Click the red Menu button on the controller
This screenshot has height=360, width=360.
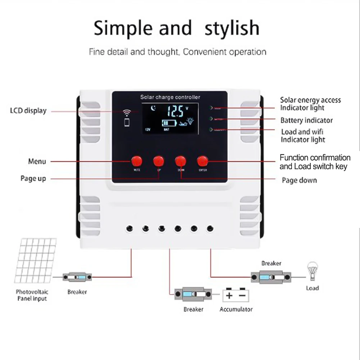point(137,160)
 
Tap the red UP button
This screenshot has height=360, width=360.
point(158,160)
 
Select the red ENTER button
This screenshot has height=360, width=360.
point(202,160)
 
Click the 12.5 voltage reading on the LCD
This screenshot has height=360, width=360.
point(175,111)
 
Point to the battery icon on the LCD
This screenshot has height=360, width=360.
point(169,123)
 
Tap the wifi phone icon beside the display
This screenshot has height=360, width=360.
point(126,118)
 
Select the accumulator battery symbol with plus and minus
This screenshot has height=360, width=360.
point(236,295)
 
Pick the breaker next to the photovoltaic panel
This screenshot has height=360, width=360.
point(77,277)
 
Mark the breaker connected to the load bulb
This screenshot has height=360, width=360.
point(271,278)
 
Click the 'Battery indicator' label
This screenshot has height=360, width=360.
point(306,120)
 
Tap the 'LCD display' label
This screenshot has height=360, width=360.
point(28,111)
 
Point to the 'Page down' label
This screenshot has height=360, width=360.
point(299,180)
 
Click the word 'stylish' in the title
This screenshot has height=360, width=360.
point(232,28)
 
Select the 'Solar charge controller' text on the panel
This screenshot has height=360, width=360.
point(170,97)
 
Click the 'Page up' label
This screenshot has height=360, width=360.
point(33,179)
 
